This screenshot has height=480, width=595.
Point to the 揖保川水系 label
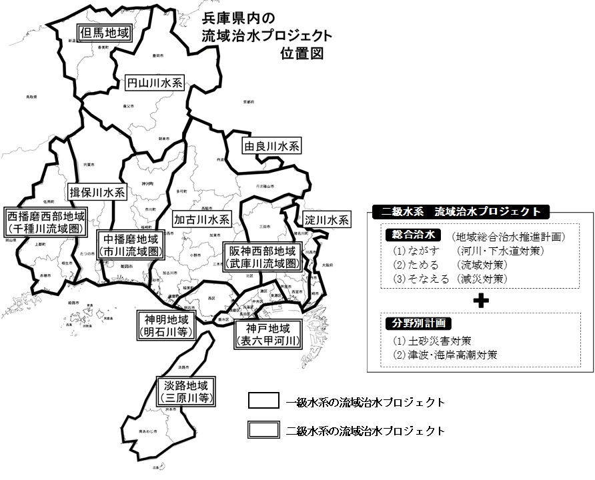pos(98,193)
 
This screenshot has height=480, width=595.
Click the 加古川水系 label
pos(202,219)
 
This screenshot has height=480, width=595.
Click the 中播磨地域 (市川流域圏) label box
pos(131,245)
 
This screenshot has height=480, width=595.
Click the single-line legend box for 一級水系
pos(263,402)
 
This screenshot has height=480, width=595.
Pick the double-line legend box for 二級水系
pos(263,430)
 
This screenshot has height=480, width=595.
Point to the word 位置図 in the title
pos(302,53)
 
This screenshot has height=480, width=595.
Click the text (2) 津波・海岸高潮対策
pos(445,355)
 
